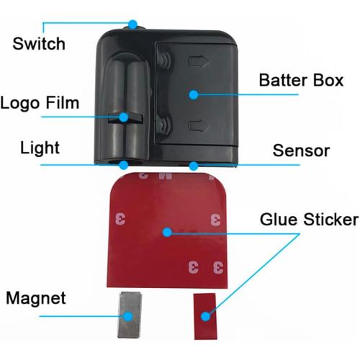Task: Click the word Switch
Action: coord(39,44)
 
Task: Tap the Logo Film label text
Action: coord(40,103)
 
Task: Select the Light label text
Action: coord(40,148)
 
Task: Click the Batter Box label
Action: coord(301,80)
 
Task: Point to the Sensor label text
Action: coord(301,150)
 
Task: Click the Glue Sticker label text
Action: coord(309,220)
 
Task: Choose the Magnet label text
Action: coord(36,298)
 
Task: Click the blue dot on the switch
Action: coord(132,24)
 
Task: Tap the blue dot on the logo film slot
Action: coord(124,117)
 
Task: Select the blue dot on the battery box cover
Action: coord(194,95)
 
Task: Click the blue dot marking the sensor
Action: coord(194,166)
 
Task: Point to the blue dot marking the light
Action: coord(124,165)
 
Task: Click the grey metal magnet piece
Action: coord(130,315)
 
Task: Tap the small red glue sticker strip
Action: coord(205,316)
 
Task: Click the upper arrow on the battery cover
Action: coord(199,61)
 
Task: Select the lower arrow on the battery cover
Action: coord(199,126)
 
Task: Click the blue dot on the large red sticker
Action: coord(167,232)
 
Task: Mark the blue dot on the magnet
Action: coord(129,316)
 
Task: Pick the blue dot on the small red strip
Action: coord(205,317)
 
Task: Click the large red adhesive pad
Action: coord(167,230)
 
